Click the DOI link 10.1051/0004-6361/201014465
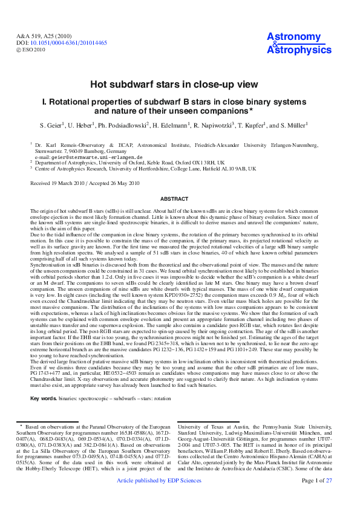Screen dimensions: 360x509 [68, 43]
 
